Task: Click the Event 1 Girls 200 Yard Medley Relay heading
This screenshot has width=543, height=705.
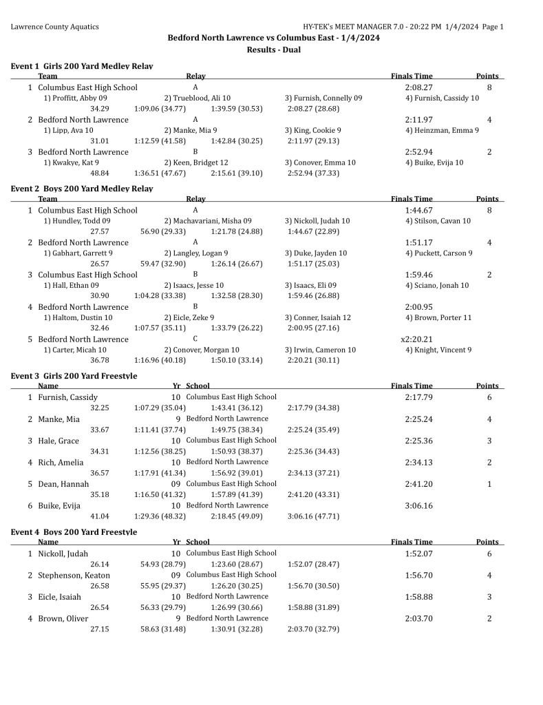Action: click(x=82, y=66)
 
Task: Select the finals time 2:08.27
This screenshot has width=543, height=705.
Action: click(x=418, y=87)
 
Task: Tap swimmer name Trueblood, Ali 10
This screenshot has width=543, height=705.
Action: click(x=197, y=98)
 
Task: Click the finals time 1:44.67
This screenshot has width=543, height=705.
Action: click(x=418, y=210)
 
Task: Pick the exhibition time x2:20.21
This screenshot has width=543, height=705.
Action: click(x=416, y=339)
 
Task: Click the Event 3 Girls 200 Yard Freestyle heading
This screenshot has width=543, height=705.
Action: click(x=74, y=376)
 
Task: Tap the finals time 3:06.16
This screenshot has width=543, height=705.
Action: click(x=418, y=505)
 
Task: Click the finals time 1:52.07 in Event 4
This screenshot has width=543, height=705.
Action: click(x=418, y=554)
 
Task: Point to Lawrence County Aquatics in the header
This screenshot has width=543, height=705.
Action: click(x=54, y=27)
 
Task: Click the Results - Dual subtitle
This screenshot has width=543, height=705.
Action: click(x=273, y=50)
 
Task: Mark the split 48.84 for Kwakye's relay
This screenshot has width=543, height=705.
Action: click(x=100, y=173)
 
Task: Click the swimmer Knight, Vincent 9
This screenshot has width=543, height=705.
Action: click(x=438, y=350)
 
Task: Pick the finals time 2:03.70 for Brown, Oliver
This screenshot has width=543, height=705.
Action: click(x=418, y=618)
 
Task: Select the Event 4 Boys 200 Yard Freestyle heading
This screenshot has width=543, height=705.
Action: click(x=74, y=532)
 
